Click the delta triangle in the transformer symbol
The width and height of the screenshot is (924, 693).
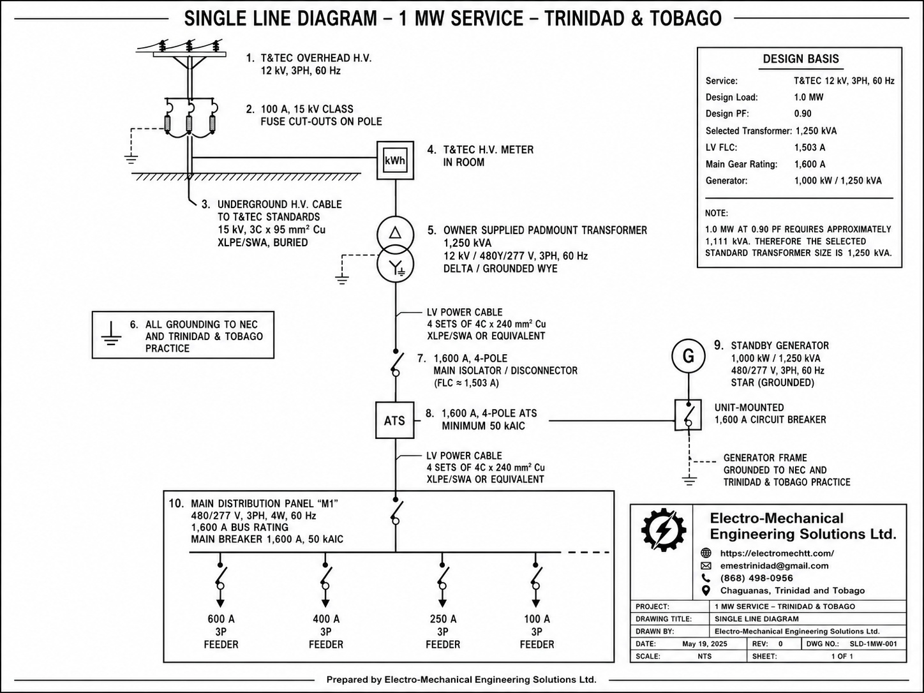point(395,233)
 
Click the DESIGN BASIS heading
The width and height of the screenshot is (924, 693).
point(801,59)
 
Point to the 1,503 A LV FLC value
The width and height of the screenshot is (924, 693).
point(810,147)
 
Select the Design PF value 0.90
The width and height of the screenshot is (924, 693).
point(803,114)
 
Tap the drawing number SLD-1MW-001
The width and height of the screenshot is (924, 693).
point(873,644)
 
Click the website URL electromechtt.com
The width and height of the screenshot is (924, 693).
point(777,553)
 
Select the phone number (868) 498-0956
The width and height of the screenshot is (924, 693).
point(756,578)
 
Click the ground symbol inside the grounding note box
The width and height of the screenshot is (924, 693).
point(111,333)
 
